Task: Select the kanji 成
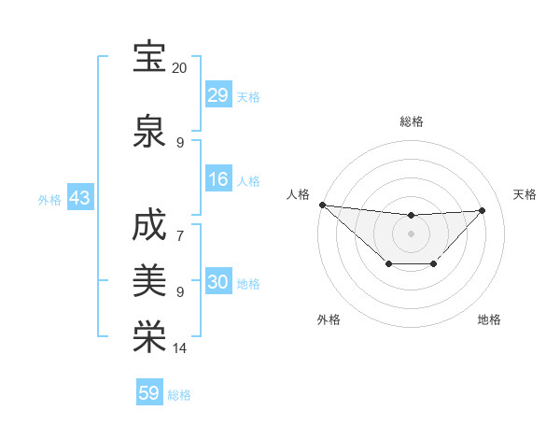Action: [149, 227]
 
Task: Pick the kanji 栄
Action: [149, 337]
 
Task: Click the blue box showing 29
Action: [218, 95]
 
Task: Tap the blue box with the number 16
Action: [218, 180]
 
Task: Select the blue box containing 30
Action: [218, 283]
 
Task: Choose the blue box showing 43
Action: [78, 199]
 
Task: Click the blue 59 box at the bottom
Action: [149, 393]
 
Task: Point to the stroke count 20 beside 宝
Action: [179, 68]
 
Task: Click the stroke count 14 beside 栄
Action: [179, 348]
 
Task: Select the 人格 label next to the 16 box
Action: [248, 181]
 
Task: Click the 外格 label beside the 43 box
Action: [49, 200]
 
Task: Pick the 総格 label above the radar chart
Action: [411, 121]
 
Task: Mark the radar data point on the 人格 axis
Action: [322, 205]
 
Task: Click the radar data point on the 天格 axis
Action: [482, 210]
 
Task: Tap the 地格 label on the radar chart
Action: [489, 319]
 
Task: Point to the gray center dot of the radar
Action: [411, 233]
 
